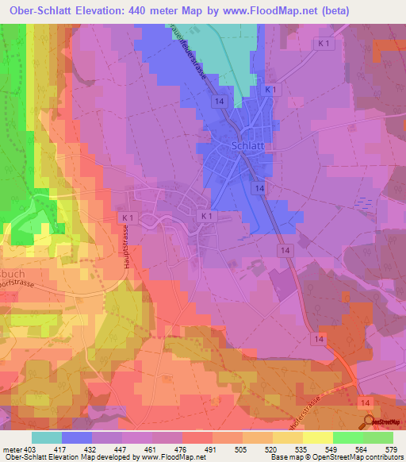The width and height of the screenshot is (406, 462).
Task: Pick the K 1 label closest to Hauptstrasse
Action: [x=126, y=216]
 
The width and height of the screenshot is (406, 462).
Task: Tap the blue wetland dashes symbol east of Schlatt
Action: [x=361, y=202]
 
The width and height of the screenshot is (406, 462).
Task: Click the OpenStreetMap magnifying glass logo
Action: [x=369, y=422]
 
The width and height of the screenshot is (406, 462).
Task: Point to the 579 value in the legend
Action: [x=388, y=450]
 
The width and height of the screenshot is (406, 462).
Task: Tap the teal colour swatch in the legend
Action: [x=46, y=437]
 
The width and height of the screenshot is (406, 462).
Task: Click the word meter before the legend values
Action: [x=12, y=450]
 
